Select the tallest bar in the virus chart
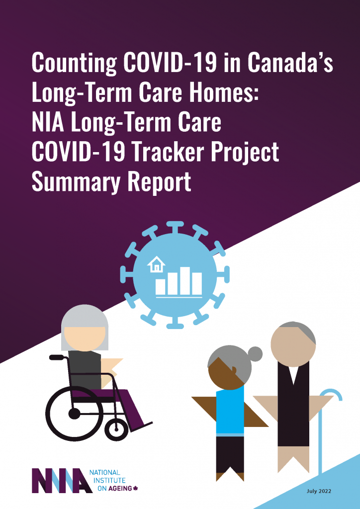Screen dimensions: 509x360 [x=184, y=281]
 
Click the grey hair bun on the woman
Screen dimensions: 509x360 [x=255, y=354]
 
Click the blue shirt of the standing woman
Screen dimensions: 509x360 [x=230, y=410]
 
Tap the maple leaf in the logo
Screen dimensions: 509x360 [x=135, y=489]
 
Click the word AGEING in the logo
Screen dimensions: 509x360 [x=120, y=489]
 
